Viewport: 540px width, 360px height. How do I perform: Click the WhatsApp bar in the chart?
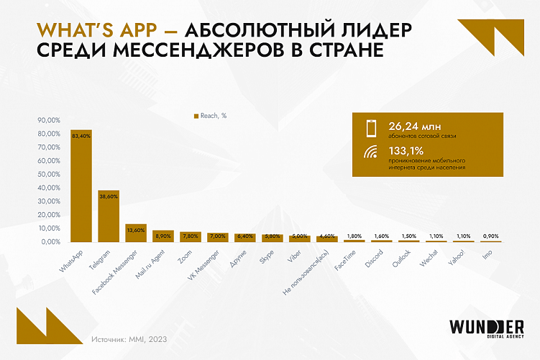81,187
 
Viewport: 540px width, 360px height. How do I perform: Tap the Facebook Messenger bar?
136,234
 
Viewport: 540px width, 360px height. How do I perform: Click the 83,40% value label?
81,136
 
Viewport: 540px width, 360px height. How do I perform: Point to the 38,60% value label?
109,196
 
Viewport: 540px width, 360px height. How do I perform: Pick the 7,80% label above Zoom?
191,236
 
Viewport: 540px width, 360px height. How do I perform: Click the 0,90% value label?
490,236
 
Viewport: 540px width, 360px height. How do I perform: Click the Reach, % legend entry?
210,115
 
